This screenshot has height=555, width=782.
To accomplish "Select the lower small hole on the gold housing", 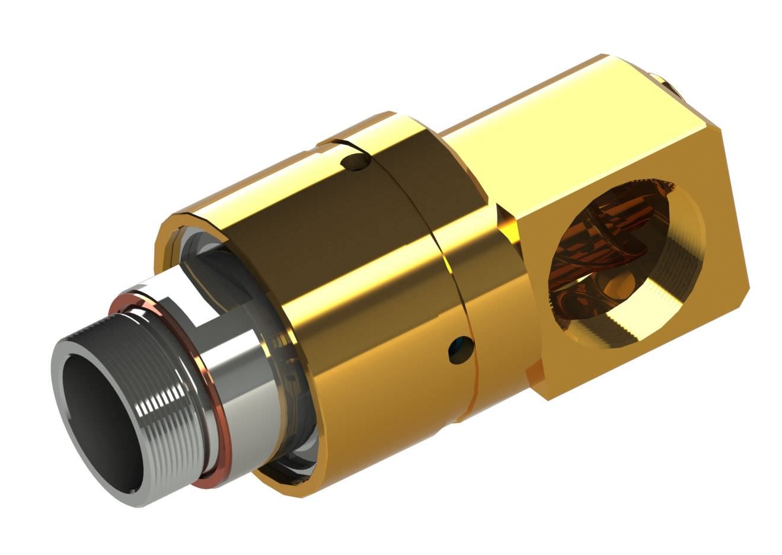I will tap(461, 349).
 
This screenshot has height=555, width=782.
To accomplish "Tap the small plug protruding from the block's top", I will tap(664, 83).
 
